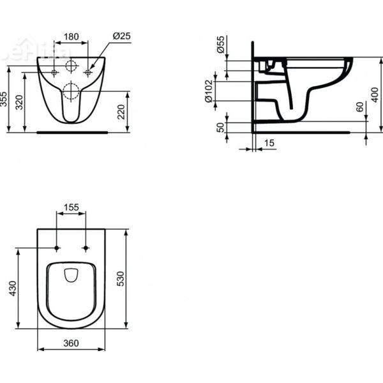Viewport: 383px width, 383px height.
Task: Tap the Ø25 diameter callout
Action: [121, 37]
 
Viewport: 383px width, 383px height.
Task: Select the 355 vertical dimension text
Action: [5, 100]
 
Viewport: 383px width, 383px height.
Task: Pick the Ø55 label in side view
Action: [221, 45]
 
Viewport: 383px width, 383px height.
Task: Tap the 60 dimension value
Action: [359, 107]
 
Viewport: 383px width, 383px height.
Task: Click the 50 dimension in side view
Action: [221, 128]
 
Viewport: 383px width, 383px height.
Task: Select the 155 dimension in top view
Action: [71, 207]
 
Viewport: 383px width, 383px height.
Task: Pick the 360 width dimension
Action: [71, 343]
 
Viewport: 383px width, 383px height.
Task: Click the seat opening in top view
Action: [71, 276]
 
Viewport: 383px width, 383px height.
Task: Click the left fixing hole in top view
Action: [57, 247]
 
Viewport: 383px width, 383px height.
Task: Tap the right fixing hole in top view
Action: [86, 247]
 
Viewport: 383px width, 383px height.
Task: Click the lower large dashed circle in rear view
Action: [71, 94]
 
